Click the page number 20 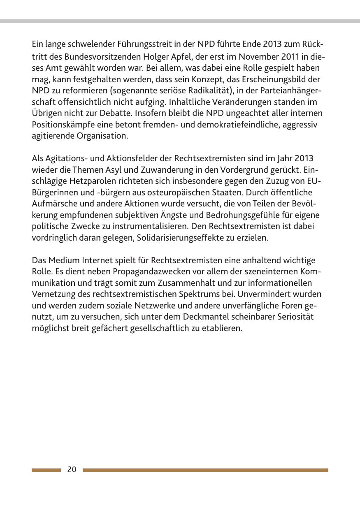tap(72, 470)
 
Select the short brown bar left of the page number tap(46, 470)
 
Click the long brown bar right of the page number tap(205, 470)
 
